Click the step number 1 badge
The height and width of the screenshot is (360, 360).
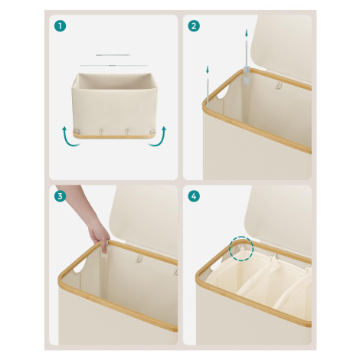[60, 26]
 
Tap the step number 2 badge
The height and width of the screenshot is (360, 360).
[194, 26]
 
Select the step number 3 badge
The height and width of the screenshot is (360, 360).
[60, 196]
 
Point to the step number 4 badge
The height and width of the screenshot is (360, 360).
[194, 196]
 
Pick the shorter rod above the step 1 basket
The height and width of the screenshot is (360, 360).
[113, 55]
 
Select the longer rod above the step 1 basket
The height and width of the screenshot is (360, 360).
[114, 66]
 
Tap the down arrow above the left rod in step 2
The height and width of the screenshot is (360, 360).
[208, 70]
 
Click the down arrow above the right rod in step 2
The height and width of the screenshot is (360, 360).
[247, 33]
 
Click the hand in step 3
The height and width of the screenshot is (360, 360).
[99, 234]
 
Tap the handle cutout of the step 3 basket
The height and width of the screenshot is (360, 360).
[80, 266]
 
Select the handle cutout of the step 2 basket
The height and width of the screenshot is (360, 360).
[223, 92]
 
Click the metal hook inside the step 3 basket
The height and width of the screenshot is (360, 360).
[139, 258]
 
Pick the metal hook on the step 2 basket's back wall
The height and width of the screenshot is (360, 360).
[279, 85]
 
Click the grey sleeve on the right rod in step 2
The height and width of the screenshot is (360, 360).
[246, 75]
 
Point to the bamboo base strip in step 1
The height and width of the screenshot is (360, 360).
[114, 136]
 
